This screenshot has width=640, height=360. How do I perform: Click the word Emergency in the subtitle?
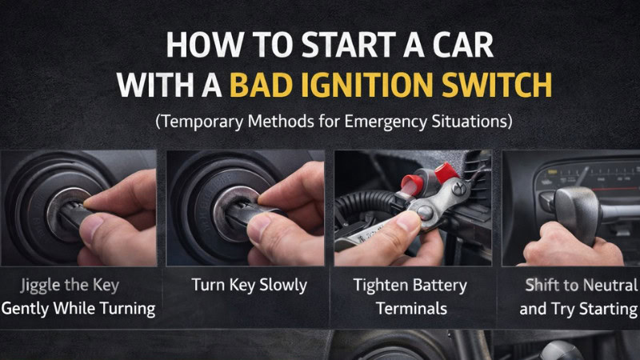pyautogui.click(x=395, y=123)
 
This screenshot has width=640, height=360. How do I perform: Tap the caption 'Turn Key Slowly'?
pyautogui.click(x=249, y=285)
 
